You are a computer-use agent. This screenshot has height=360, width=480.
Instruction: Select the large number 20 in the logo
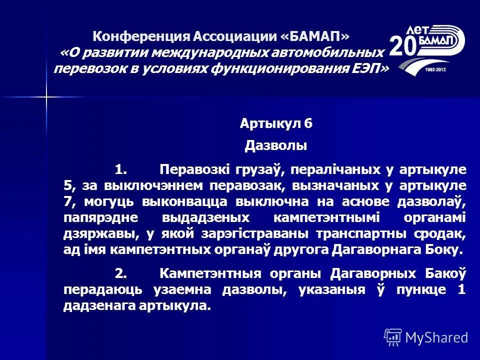coord(403,46)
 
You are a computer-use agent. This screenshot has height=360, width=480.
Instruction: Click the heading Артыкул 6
coord(276,123)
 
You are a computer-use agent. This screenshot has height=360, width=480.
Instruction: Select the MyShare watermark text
coord(436,337)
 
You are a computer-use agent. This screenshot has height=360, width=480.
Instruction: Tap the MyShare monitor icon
coord(393,337)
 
